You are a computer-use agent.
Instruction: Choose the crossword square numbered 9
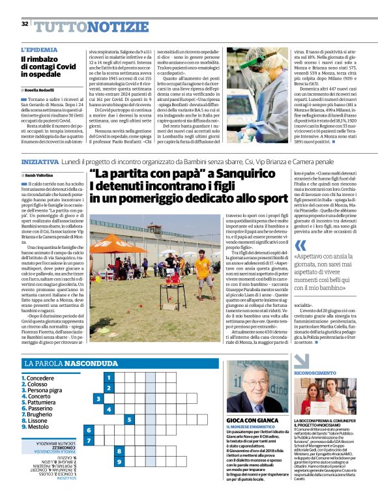pos(119,444)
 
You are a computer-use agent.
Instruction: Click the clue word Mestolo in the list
pos(38,427)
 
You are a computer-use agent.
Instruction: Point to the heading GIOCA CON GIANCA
pos(250,420)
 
